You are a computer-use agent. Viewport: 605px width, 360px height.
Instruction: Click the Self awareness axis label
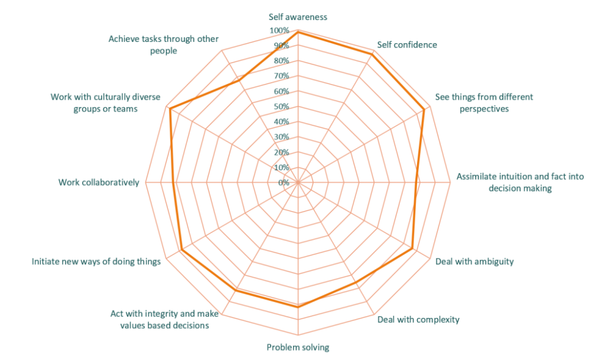298,17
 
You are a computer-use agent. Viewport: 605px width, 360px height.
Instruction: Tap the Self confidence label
407,45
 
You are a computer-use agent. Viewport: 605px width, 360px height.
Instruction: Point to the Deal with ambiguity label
474,261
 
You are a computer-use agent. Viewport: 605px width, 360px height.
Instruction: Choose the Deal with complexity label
418,320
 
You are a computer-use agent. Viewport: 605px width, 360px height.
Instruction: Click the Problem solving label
298,347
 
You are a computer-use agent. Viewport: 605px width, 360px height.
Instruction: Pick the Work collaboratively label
99,182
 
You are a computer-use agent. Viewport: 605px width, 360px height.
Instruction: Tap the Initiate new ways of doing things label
96,261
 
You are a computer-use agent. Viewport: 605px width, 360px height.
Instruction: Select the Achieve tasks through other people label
164,44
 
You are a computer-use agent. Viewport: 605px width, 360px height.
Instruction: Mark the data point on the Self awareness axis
298,30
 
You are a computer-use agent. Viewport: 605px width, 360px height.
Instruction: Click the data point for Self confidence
373,53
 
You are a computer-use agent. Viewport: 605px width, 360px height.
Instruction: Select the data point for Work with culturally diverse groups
169,109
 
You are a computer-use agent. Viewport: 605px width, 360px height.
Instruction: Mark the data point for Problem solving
298,306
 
